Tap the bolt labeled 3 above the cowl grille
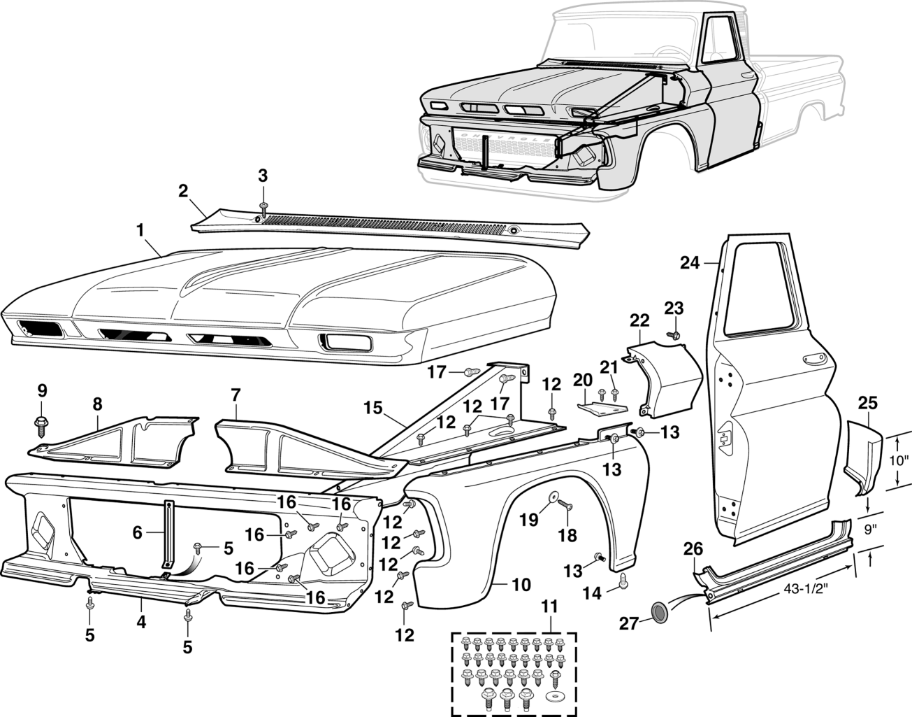(x=263, y=207)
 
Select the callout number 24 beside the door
(x=690, y=263)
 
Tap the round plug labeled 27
(x=658, y=613)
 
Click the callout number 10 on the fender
(x=521, y=584)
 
